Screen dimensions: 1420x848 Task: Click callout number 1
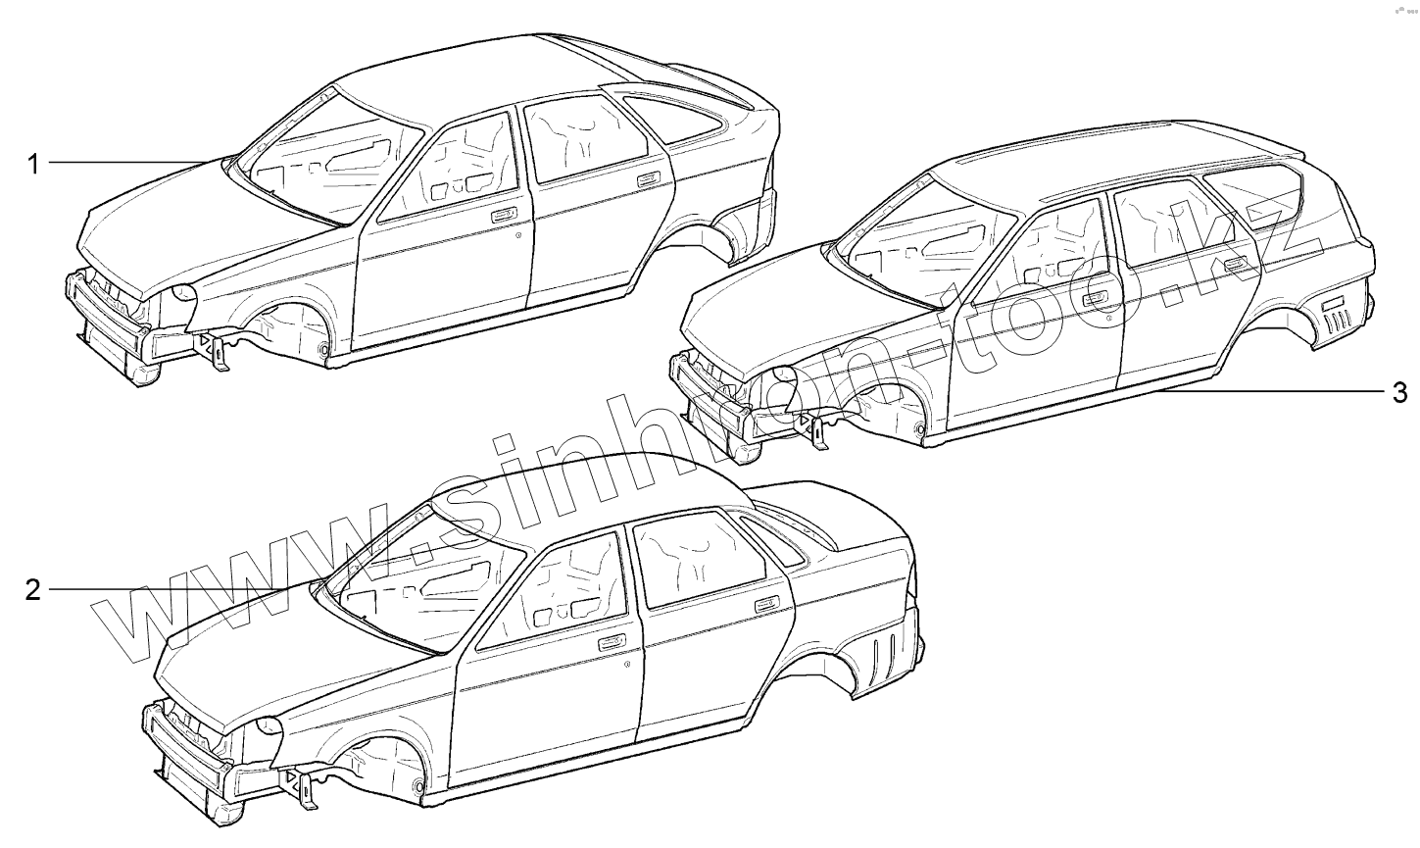(33, 163)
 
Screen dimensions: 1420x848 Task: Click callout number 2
(33, 590)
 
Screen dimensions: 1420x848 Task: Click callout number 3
(1399, 393)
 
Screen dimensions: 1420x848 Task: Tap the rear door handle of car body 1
(646, 179)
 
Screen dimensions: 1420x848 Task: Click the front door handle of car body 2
(611, 643)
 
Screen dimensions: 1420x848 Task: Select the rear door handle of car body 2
(767, 604)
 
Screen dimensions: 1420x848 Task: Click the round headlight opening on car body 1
(182, 292)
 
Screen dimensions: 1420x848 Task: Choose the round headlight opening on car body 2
(267, 727)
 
